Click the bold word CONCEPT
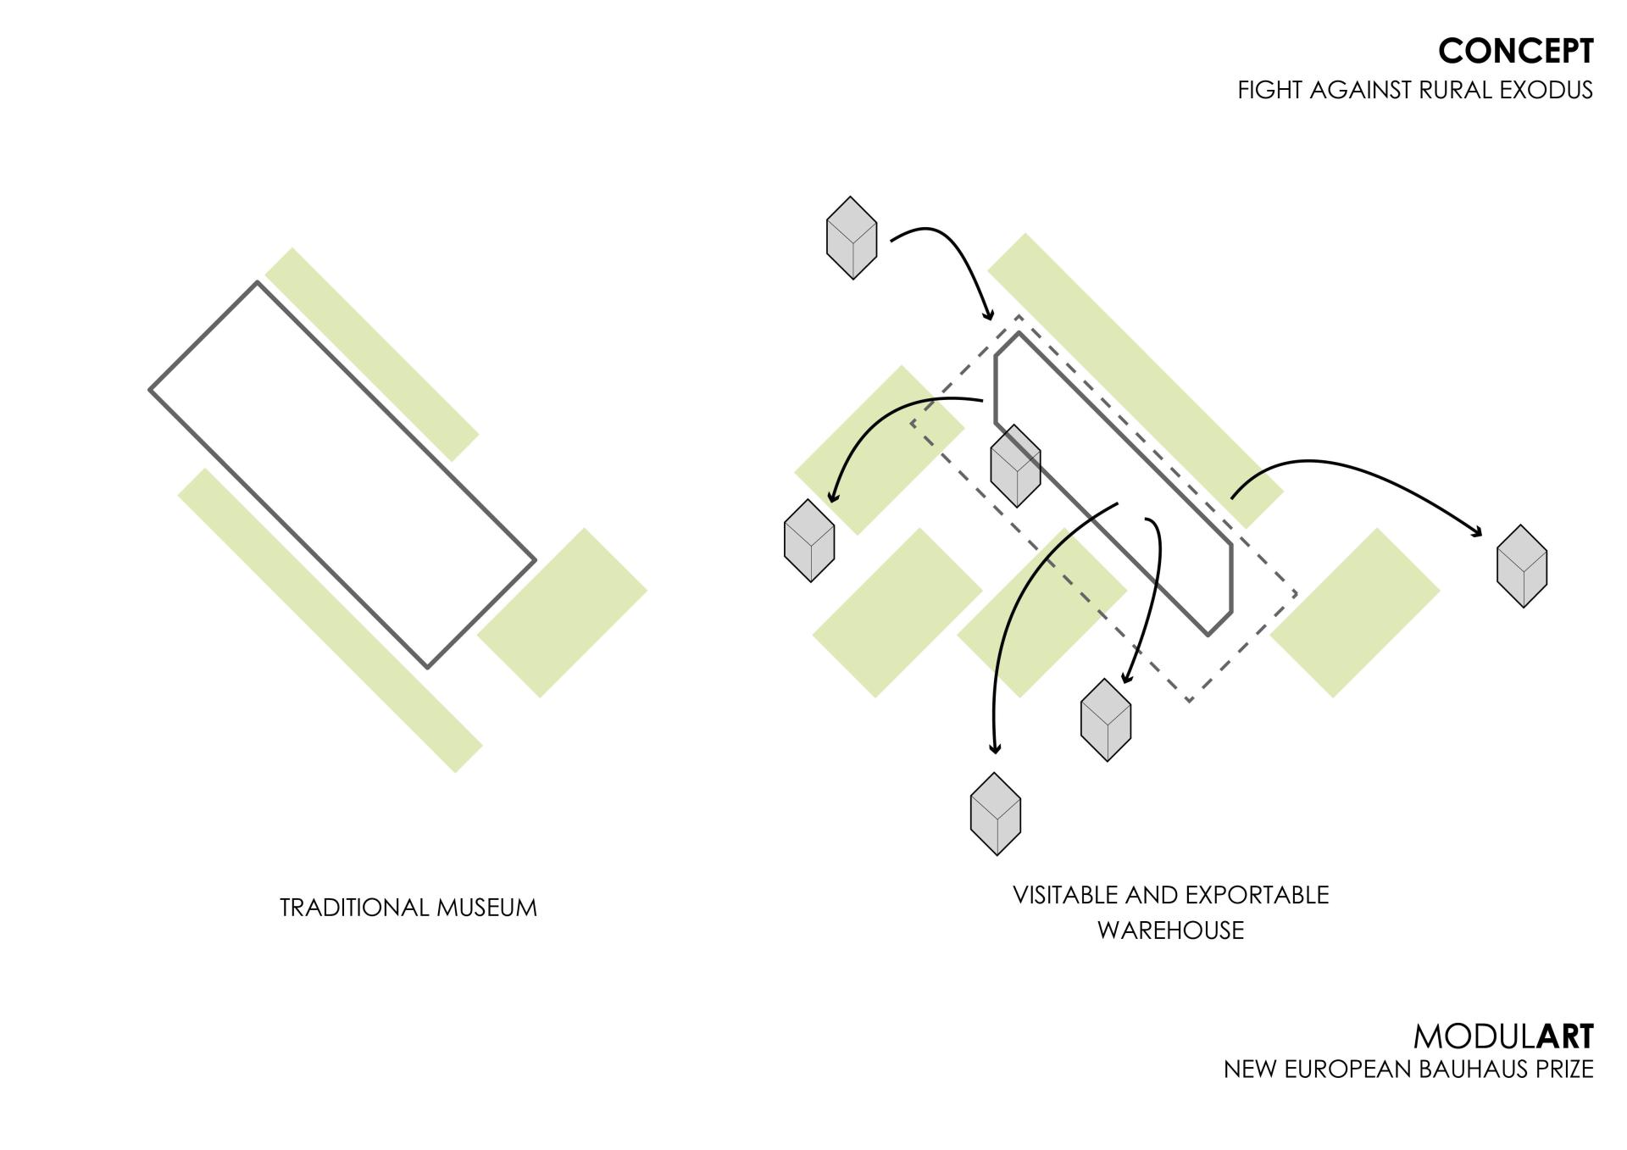[1515, 52]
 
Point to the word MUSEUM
[486, 908]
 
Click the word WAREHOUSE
[1170, 931]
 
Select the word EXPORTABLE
[1257, 895]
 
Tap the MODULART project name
[1502, 1036]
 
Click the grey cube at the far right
[1522, 566]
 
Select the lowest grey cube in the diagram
[996, 814]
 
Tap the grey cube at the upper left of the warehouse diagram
[851, 238]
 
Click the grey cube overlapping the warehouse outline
[1015, 466]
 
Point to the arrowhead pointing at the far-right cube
[1477, 531]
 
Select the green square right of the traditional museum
[562, 613]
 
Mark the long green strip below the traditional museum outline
[330, 620]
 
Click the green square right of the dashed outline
[1355, 613]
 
